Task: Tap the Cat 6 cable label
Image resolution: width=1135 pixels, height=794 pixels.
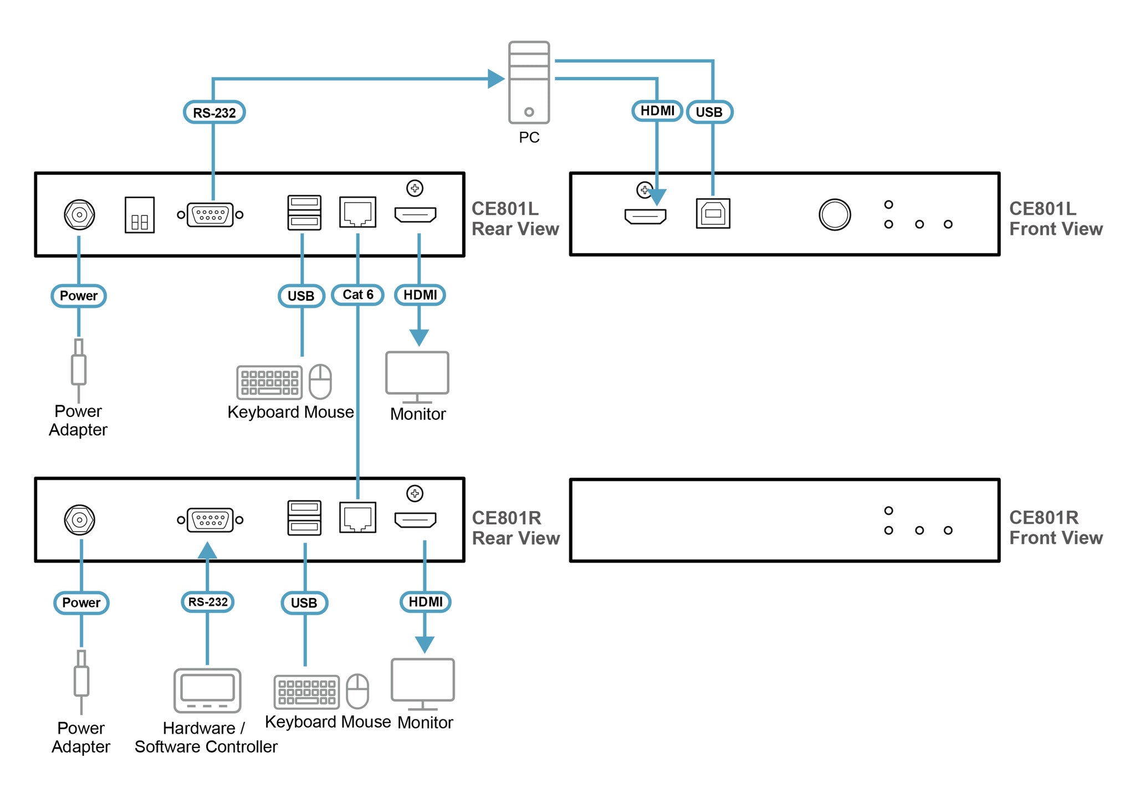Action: [x=357, y=295]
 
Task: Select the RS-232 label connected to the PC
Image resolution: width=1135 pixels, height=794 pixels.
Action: [x=214, y=112]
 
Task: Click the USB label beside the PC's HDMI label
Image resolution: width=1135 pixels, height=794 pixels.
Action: [x=709, y=112]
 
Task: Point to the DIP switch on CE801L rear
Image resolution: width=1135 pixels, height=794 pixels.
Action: [x=140, y=215]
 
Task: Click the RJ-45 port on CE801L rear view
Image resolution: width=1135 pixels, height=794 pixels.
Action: [x=357, y=212]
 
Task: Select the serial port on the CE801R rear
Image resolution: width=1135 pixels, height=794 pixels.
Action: [x=210, y=520]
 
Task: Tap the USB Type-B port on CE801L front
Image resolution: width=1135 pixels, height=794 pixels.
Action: [x=713, y=213]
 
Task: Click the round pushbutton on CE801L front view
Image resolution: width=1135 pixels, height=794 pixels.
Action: [x=834, y=214]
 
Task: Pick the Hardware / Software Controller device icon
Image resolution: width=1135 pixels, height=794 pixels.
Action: [x=207, y=690]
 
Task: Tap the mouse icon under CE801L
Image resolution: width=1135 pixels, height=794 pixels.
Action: [x=320, y=381]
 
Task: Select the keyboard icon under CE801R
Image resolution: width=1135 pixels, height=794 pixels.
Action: [x=306, y=692]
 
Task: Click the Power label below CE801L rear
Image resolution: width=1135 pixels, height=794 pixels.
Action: [x=79, y=296]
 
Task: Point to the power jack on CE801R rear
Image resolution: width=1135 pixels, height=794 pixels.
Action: [x=80, y=520]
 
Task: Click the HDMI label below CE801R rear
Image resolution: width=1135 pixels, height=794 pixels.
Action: [x=425, y=602]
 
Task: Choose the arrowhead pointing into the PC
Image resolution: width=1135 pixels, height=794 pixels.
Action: [x=495, y=79]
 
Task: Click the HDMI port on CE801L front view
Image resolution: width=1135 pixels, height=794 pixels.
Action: [x=645, y=216]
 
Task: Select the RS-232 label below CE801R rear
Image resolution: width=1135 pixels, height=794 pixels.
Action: [x=208, y=602]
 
